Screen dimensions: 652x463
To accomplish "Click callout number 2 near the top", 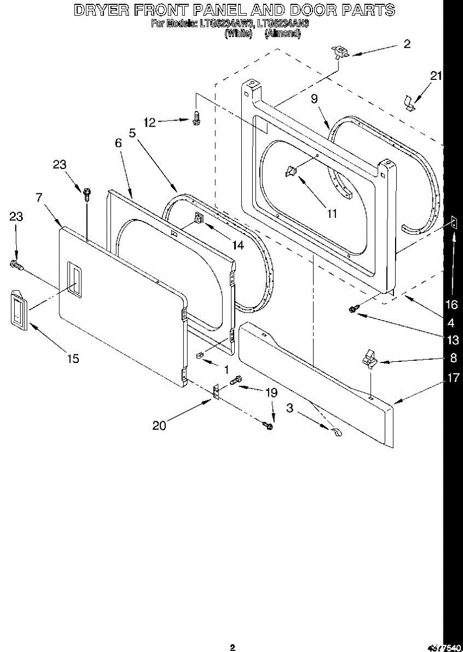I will tap(407, 45).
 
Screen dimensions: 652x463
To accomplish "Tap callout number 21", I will tap(436, 77).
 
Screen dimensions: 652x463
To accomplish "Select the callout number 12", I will tap(150, 123).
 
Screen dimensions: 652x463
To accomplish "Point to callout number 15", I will tap(73, 359).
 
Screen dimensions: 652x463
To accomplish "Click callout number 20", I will tap(159, 425).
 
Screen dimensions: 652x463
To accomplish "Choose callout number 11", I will tap(331, 214).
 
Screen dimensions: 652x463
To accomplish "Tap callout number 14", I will tap(237, 245).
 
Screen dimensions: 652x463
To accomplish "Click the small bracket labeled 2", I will tap(340, 52).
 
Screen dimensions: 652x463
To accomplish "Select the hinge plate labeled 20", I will tap(216, 392).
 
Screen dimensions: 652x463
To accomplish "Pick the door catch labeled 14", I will tap(198, 220).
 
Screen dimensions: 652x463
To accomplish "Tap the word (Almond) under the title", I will tap(282, 34).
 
